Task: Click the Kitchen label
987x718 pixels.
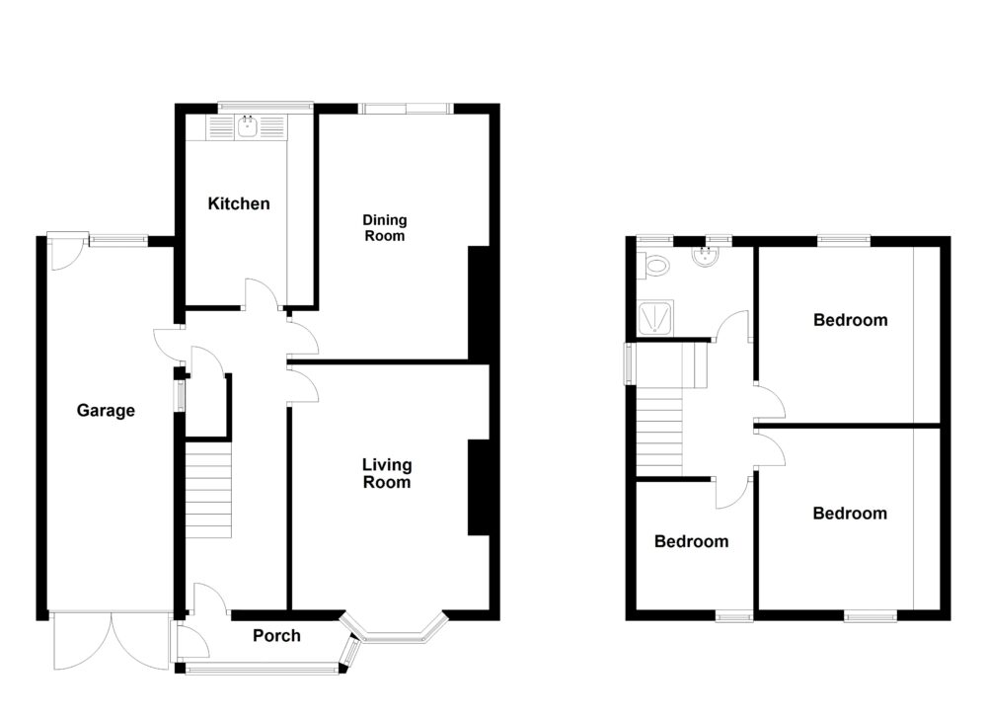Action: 238,204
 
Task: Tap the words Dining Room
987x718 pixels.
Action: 384,228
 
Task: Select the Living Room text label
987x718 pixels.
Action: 386,473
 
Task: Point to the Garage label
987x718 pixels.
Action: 106,411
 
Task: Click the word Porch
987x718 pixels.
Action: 276,635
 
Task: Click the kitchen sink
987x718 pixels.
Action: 246,126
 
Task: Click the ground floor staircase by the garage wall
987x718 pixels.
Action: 208,490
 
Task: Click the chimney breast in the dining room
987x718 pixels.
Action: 478,302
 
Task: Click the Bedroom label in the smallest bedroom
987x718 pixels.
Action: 692,541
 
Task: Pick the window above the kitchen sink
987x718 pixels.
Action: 265,104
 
